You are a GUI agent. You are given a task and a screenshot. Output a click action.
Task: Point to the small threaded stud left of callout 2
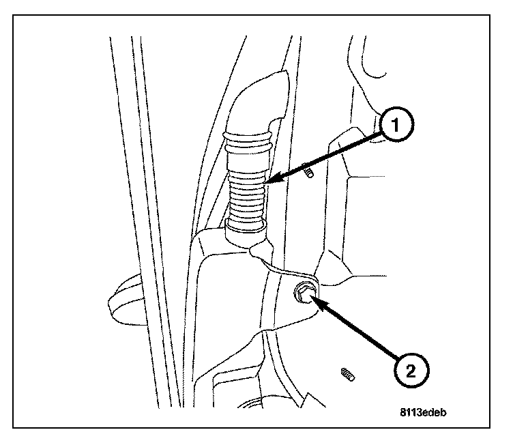pyautogui.click(x=347, y=373)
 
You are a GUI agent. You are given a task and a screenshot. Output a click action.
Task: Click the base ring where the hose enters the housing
pyautogui.click(x=245, y=229)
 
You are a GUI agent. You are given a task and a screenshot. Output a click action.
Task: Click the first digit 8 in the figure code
pyautogui.click(x=403, y=412)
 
